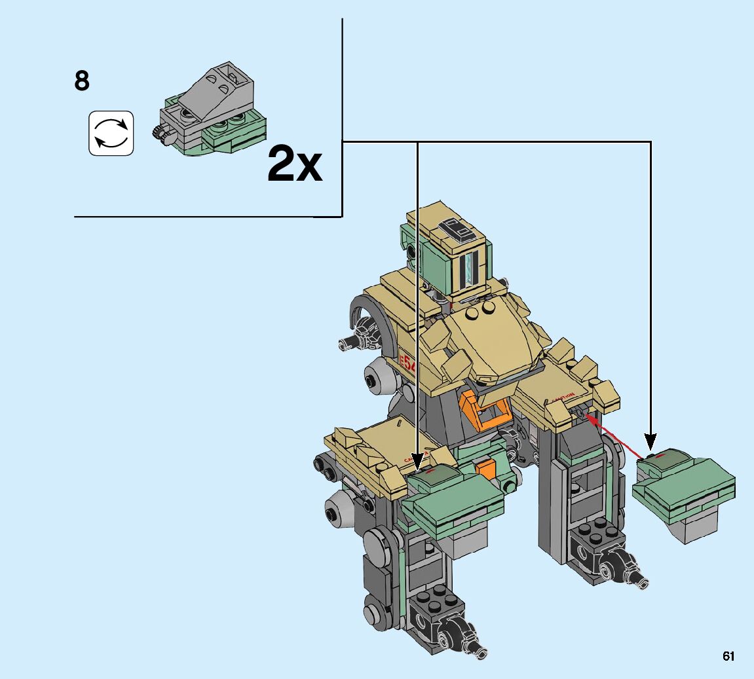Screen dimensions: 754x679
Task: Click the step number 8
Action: point(82,82)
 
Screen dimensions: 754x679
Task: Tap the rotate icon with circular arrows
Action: point(111,133)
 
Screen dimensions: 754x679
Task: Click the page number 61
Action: point(728,656)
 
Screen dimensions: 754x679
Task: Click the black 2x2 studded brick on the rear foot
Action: point(595,534)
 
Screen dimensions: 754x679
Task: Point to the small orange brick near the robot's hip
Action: point(485,469)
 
